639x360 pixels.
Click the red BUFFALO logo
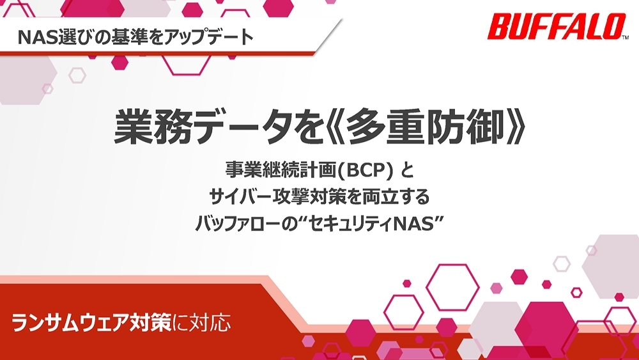point(555,26)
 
